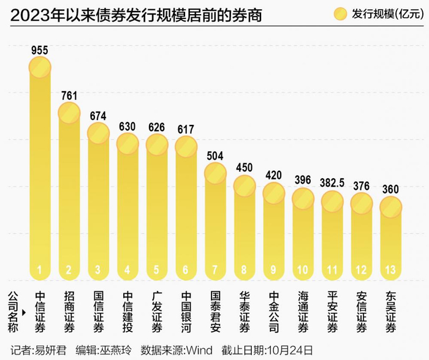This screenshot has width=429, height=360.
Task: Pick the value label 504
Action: pos(216,154)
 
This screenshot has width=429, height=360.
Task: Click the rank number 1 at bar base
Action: pos(40,269)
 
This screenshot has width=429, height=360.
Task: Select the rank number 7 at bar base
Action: pos(216,269)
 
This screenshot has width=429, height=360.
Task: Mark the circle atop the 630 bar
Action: pos(127,144)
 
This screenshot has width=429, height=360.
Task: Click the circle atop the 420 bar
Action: pos(274,192)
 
